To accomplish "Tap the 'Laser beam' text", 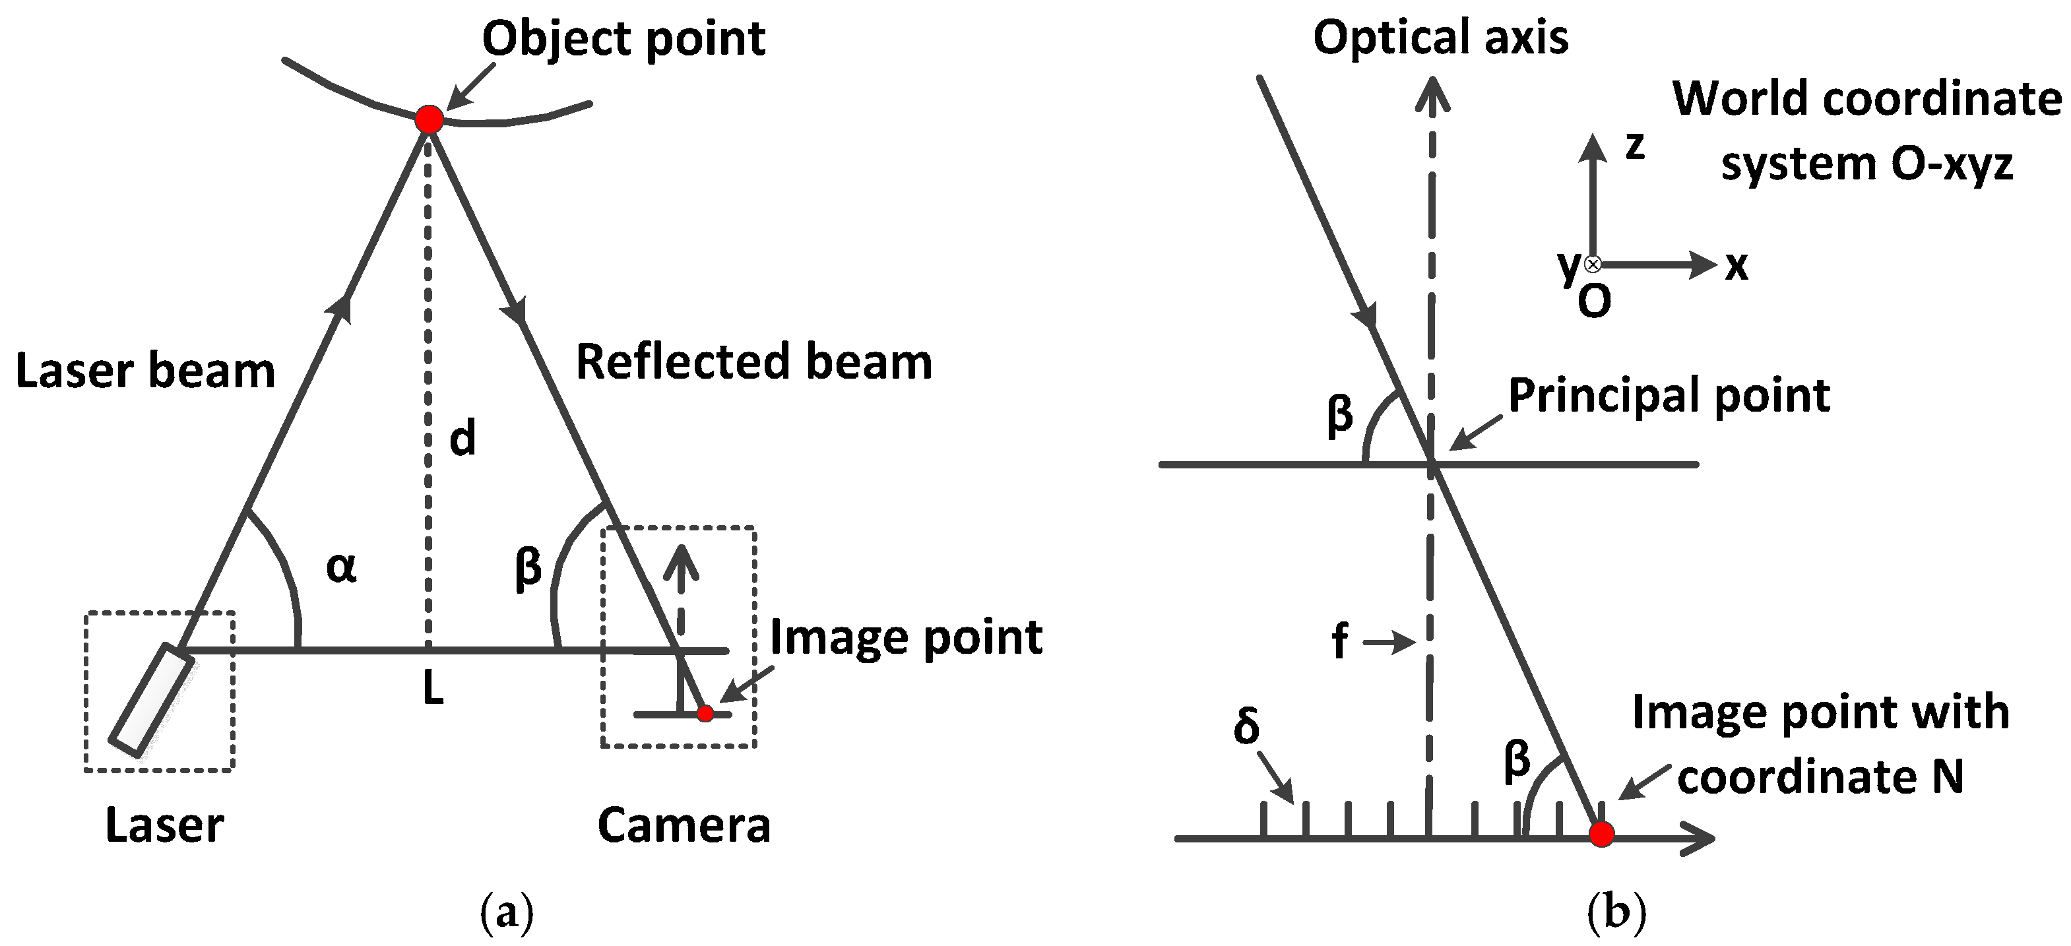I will click(x=146, y=371).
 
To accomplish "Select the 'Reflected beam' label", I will click(x=754, y=362).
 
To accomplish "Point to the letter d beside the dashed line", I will click(x=462, y=439).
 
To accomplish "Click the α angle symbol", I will click(x=341, y=567).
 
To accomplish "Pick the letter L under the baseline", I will click(x=433, y=689).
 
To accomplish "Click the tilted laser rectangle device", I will click(x=152, y=700).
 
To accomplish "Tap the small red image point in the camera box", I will click(x=705, y=713).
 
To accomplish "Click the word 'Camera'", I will click(x=684, y=825).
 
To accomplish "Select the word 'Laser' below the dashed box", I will click(x=165, y=825).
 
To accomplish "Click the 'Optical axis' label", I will click(x=1441, y=38).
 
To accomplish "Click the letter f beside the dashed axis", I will click(x=1339, y=642).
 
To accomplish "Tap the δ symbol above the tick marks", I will click(x=1246, y=726).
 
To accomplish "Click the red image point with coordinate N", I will click(x=1601, y=835).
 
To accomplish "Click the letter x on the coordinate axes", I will click(x=1736, y=266).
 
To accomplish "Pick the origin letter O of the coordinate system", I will click(x=1594, y=302).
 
